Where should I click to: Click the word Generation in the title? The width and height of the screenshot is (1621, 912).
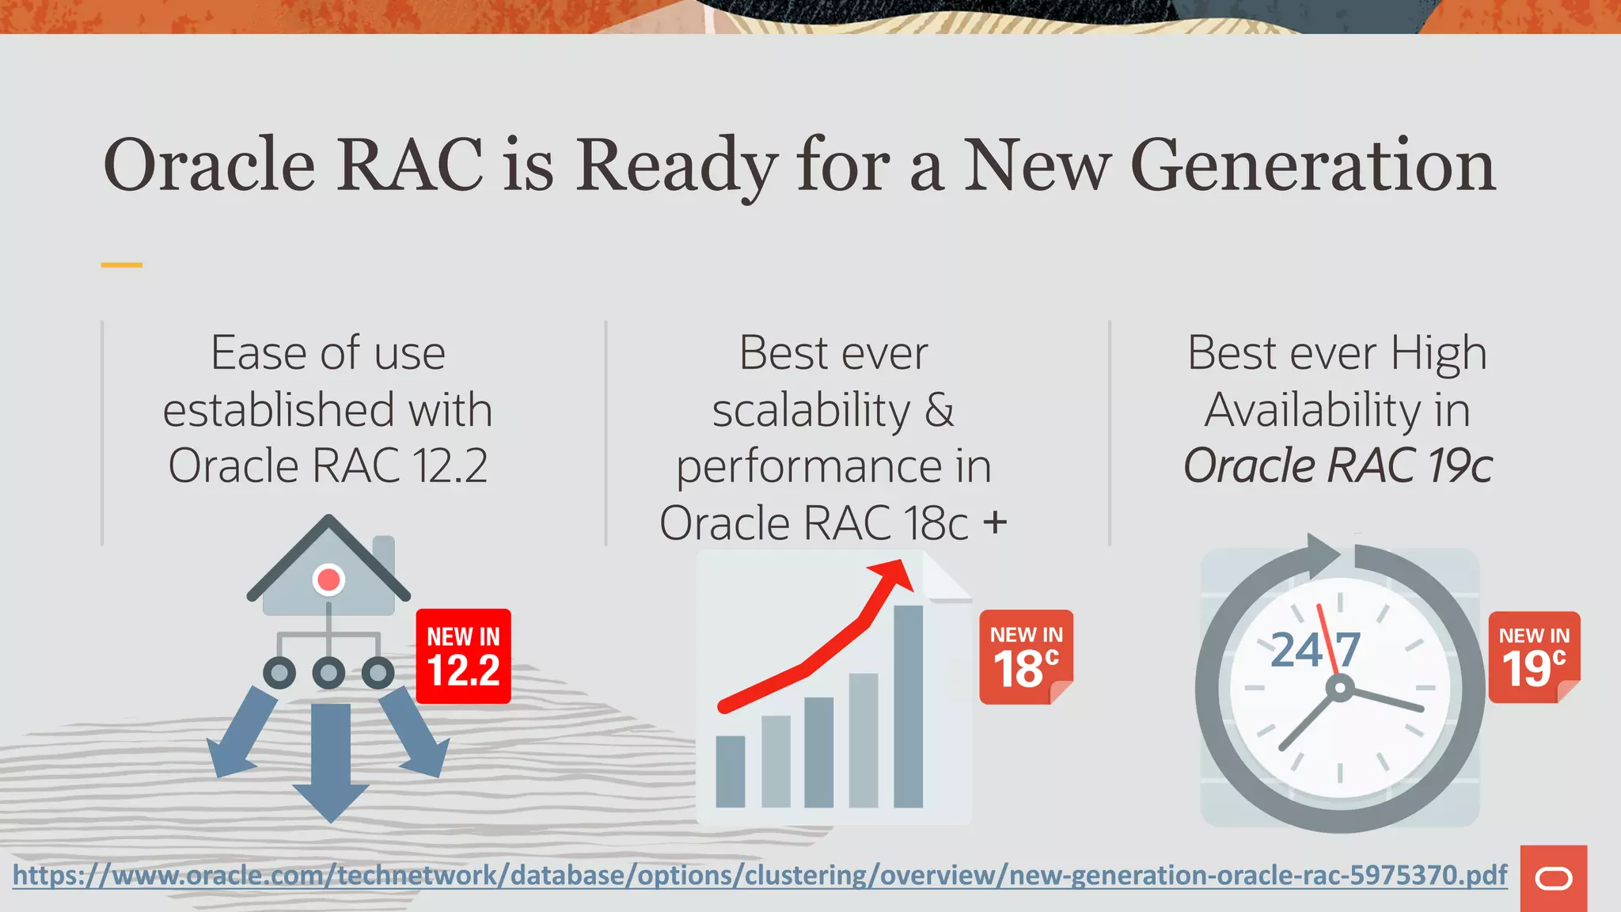(1312, 165)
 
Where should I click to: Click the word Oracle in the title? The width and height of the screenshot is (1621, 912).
(210, 165)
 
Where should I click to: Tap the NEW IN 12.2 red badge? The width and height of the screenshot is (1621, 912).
(463, 656)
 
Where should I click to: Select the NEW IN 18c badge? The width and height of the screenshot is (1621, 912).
(1025, 656)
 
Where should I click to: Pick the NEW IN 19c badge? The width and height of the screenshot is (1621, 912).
(1533, 656)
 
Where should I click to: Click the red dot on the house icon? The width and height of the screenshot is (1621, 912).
(328, 579)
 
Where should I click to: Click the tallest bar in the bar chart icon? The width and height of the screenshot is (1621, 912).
(908, 705)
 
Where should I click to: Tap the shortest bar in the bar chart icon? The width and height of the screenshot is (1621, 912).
(730, 771)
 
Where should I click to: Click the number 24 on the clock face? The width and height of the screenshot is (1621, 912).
(1296, 651)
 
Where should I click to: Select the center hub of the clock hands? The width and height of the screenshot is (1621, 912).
(1339, 688)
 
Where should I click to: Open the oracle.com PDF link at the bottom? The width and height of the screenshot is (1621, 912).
(760, 876)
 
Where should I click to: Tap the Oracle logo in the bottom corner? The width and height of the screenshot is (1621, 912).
(1553, 879)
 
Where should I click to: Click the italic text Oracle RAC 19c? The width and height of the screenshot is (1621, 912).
(1338, 465)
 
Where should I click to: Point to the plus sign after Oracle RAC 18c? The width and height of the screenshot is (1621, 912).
(995, 522)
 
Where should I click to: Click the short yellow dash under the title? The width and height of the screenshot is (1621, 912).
(121, 265)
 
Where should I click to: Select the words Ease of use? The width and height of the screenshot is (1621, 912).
(328, 353)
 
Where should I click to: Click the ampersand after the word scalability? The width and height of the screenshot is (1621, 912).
(940, 410)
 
